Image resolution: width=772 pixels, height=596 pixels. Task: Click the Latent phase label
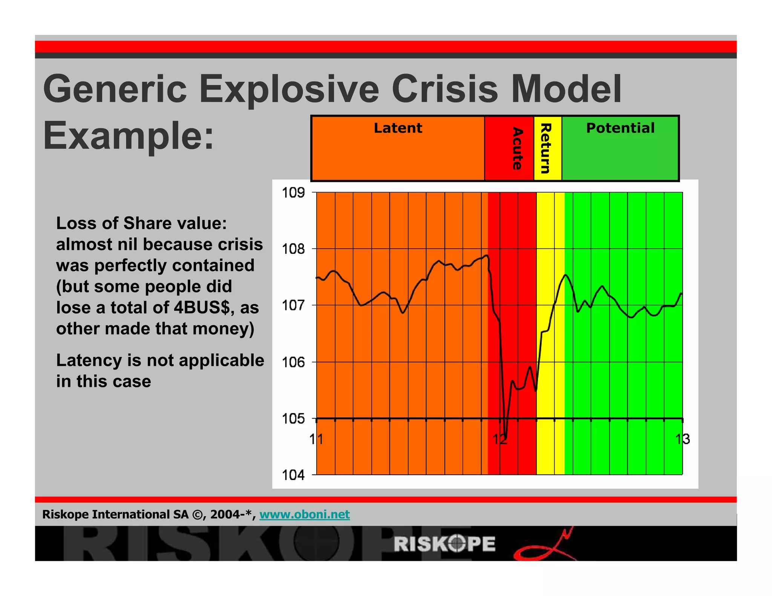point(398,128)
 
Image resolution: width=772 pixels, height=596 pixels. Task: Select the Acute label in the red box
point(517,148)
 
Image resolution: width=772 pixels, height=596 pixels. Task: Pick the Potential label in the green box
point(620,128)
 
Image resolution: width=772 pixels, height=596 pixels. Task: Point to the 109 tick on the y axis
point(293,193)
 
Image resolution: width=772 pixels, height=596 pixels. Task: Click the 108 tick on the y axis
point(293,249)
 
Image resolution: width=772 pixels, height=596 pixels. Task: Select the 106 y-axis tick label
point(293,362)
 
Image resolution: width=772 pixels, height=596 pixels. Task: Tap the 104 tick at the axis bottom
point(293,475)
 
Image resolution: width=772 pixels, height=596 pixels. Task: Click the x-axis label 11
point(316,439)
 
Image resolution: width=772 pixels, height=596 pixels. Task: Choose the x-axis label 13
point(682,439)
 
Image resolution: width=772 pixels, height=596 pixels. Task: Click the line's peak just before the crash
point(487,255)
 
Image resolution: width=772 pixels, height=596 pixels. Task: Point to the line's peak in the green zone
point(565,275)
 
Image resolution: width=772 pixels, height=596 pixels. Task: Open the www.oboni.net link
point(304,514)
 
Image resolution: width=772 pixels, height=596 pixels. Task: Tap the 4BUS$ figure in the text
point(202,307)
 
